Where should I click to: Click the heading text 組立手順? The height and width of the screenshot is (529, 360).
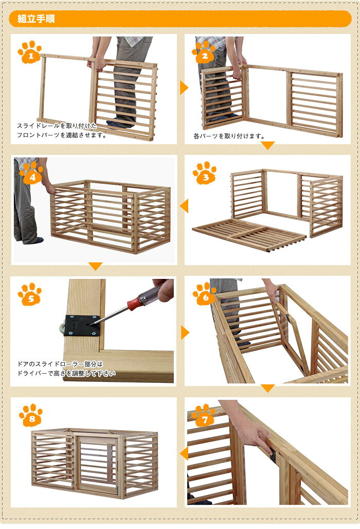[x=36, y=19]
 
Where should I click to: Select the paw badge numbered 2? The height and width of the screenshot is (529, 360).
[x=204, y=52]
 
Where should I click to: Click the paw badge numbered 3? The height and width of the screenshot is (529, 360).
[x=205, y=173]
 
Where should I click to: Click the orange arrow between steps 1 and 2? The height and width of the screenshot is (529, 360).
[x=184, y=87]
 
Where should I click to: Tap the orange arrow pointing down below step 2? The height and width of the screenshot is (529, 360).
[x=267, y=146]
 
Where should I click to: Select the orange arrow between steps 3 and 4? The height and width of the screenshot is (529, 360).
[x=184, y=206]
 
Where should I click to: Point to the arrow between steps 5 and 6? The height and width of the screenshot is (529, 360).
[x=185, y=332]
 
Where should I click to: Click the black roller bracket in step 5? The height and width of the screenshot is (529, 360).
[x=82, y=326]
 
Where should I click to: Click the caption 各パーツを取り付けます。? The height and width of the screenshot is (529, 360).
[x=229, y=136]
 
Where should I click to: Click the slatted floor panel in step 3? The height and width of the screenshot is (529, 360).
[x=249, y=234]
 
